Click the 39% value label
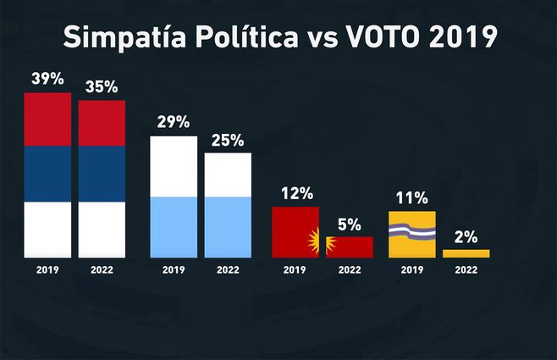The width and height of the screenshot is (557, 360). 47,79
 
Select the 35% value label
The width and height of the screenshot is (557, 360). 102,86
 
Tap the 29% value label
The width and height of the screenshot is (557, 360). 173,121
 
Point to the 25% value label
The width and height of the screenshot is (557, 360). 228,139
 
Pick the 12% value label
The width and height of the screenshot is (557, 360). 295,193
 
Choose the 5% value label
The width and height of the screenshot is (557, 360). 350,224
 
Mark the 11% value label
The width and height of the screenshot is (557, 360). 411,198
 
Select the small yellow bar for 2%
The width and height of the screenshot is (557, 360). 466,253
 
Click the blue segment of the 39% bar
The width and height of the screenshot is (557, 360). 47,174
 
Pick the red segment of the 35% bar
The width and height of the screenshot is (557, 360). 102,123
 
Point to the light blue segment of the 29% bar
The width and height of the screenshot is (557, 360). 174,226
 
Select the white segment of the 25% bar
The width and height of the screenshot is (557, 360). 228,174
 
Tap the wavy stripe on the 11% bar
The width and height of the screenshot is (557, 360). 411,228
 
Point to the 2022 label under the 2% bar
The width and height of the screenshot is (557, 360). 466,270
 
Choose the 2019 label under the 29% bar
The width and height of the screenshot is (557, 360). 174,270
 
